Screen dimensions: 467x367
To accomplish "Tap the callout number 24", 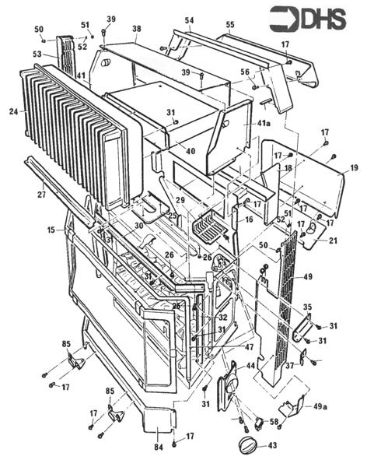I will (x=13, y=111).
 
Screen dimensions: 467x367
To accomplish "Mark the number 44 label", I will (x=251, y=366).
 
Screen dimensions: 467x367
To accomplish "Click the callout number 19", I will (x=354, y=167).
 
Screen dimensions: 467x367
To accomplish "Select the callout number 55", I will (x=229, y=26).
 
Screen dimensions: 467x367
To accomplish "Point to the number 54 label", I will (x=189, y=19).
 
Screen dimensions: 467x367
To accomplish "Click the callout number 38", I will (x=137, y=29).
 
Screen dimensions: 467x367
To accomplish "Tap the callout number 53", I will (x=37, y=54).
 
